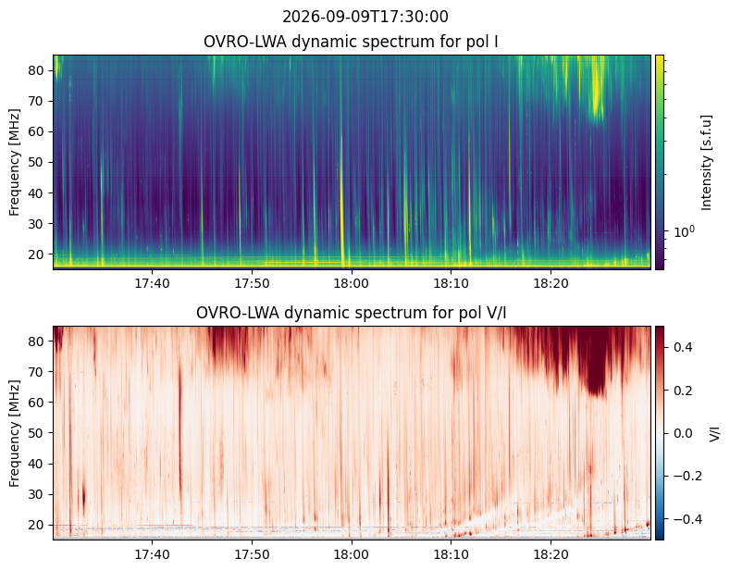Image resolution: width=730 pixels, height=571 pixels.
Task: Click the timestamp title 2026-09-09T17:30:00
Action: (x=365, y=17)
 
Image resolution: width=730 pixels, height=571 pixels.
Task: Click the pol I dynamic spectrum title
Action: (x=351, y=42)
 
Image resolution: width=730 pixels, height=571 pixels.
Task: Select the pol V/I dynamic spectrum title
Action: (x=351, y=313)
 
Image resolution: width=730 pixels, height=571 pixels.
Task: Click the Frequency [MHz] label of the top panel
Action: (x=15, y=162)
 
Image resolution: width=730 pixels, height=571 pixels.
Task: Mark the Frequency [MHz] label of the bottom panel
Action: (x=15, y=433)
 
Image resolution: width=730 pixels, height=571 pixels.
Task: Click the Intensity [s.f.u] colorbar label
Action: (x=706, y=162)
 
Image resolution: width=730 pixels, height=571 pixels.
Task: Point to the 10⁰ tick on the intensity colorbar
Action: (x=685, y=230)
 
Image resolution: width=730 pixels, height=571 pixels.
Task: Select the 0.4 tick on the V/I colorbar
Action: (x=683, y=347)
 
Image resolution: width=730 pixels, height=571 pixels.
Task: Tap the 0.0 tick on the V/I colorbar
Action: (x=683, y=433)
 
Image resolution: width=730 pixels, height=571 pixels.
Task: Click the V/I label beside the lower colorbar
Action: (x=714, y=433)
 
